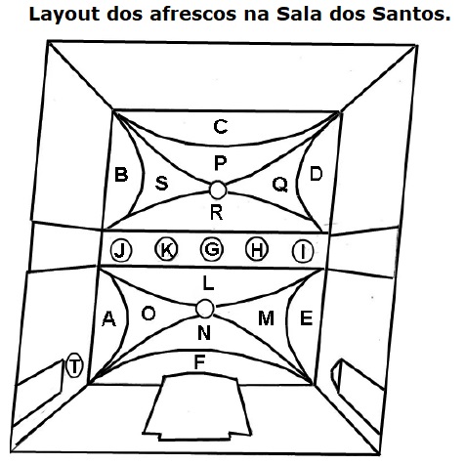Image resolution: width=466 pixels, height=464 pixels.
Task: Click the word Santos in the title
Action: click(411, 14)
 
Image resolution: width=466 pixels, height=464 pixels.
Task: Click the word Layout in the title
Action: click(64, 15)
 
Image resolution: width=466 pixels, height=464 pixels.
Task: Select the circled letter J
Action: click(121, 251)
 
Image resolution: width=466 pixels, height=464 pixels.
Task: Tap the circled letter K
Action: click(166, 249)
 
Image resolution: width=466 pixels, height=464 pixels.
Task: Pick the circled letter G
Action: click(212, 249)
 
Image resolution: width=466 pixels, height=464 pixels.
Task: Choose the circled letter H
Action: click(257, 250)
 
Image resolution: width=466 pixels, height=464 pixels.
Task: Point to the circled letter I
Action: click(303, 251)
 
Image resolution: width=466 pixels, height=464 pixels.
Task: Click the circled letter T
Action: click(74, 365)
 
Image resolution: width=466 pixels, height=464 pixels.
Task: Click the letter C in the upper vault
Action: click(221, 126)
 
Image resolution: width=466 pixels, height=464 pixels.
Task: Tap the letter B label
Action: click(121, 174)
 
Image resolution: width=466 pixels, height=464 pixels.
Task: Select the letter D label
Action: click(316, 174)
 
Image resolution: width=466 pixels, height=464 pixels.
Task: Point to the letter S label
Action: click(161, 184)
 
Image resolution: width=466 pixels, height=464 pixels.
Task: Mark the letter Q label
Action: click(280, 185)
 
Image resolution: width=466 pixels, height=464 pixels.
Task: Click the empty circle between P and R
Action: click(218, 190)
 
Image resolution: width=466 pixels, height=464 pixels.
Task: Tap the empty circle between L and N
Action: click(205, 309)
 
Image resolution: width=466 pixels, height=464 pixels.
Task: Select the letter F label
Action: click(199, 361)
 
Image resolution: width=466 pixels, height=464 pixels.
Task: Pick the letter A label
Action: click(108, 318)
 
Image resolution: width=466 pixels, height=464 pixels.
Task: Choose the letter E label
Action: click(306, 317)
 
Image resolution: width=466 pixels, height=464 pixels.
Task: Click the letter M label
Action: click(266, 317)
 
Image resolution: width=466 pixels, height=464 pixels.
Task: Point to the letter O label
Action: click(148, 314)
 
